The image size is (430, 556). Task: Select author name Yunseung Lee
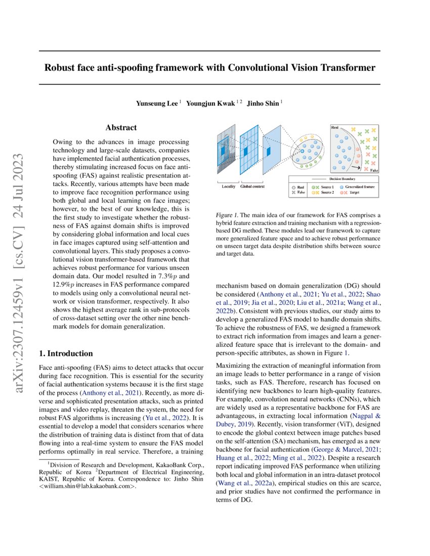(x=156, y=103)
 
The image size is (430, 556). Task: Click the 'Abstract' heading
(x=121, y=128)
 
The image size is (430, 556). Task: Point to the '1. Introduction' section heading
(x=66, y=353)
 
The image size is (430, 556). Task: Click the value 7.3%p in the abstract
(x=162, y=276)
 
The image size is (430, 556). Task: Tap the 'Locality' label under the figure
(x=229, y=187)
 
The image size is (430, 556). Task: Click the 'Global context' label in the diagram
(x=254, y=187)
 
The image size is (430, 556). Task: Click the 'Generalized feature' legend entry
(x=362, y=187)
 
